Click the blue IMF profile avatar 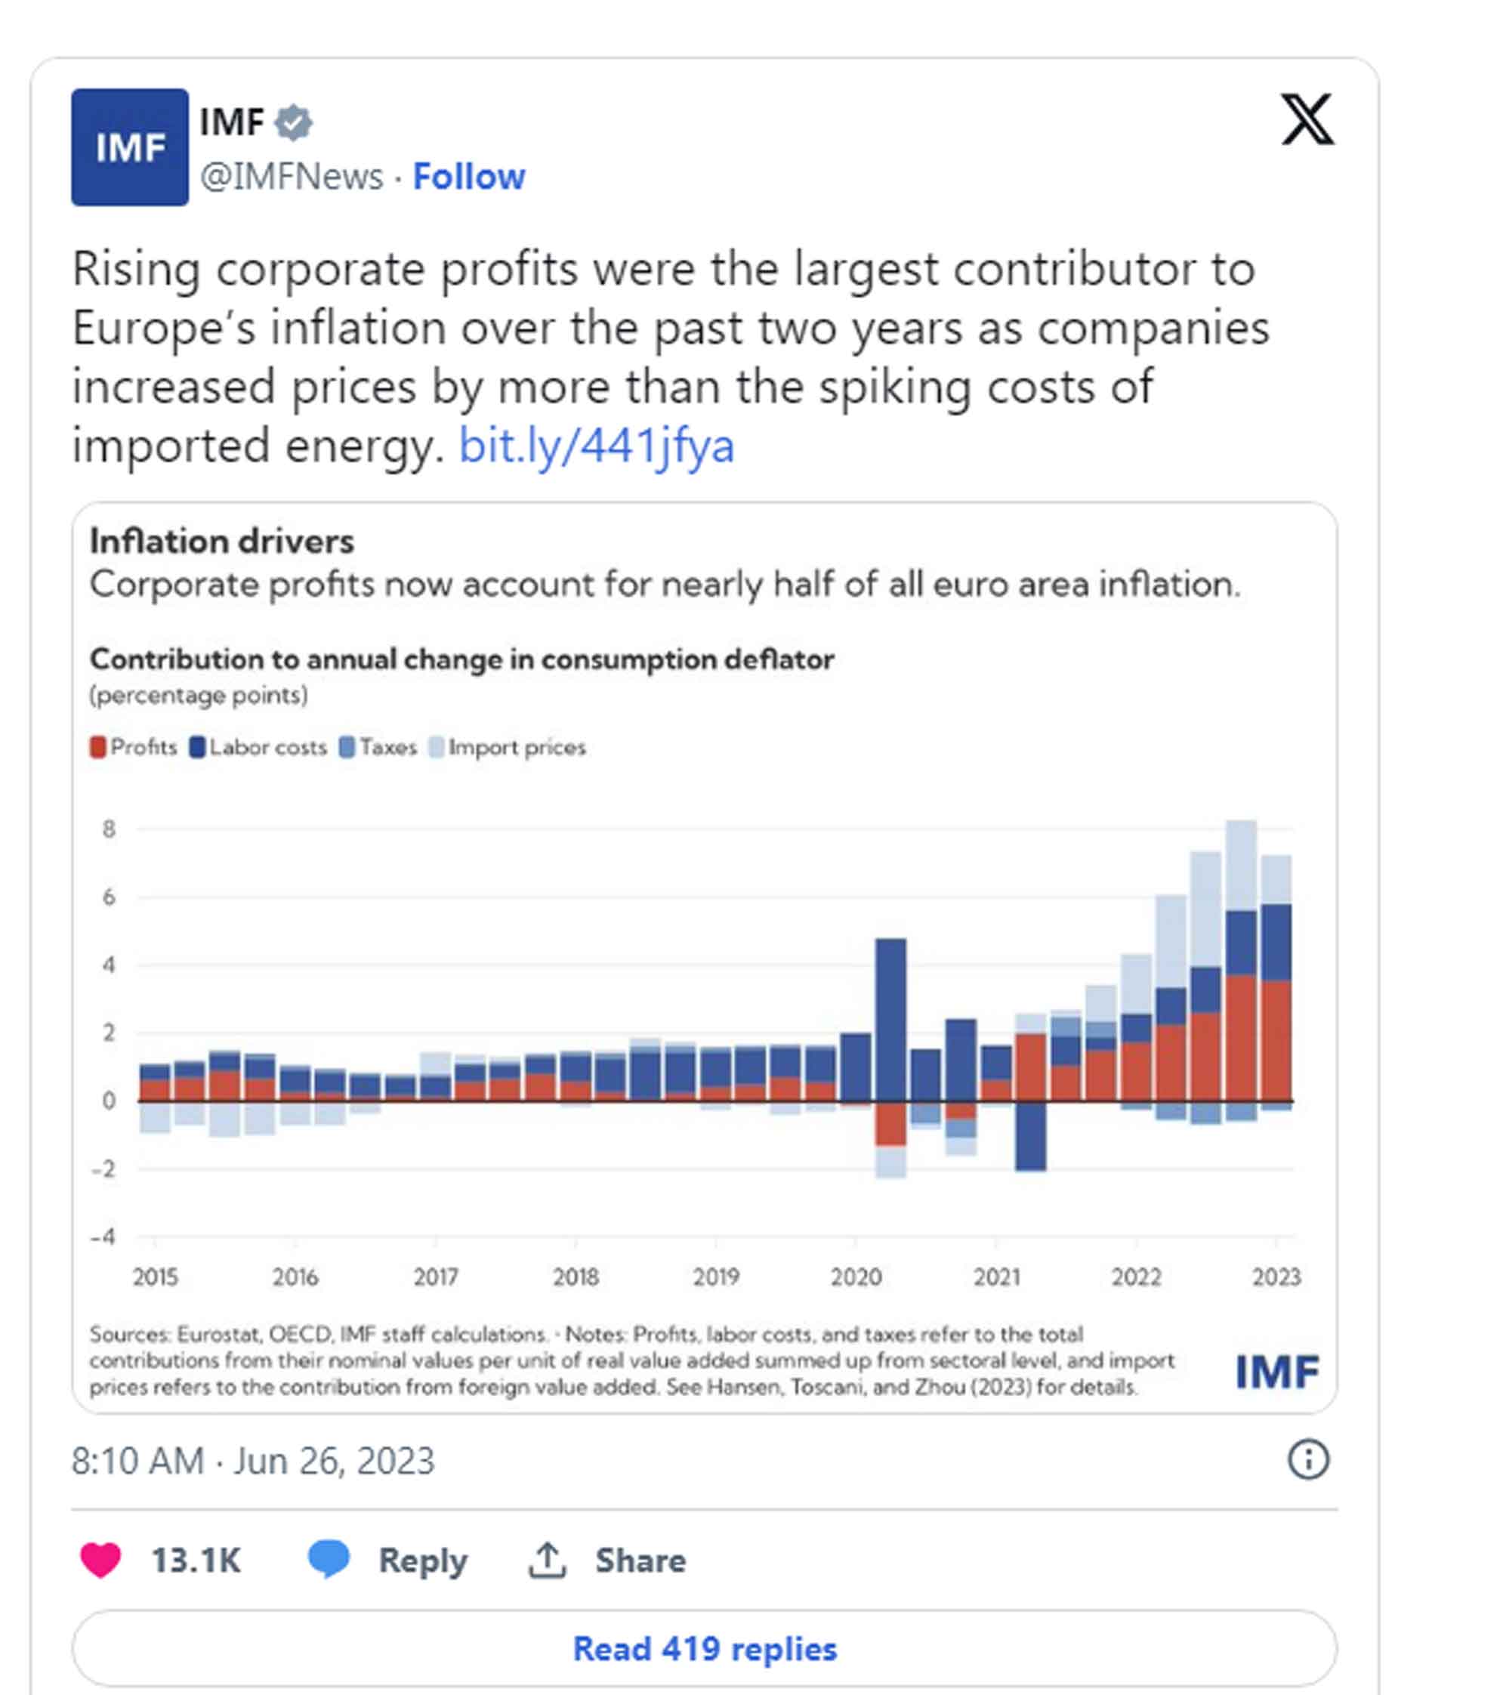[129, 147]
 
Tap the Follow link [468, 177]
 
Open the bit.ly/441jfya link [596, 446]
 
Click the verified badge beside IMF [294, 122]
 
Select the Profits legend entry [134, 747]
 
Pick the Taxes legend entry [378, 747]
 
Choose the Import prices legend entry [508, 747]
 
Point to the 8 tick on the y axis [109, 829]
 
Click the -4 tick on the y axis [103, 1237]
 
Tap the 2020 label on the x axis [856, 1277]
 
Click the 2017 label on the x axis [435, 1277]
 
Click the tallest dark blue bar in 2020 [890, 1020]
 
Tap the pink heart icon [100, 1560]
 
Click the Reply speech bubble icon [329, 1558]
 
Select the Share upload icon [547, 1560]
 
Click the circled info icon [1307, 1459]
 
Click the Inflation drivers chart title [221, 541]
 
